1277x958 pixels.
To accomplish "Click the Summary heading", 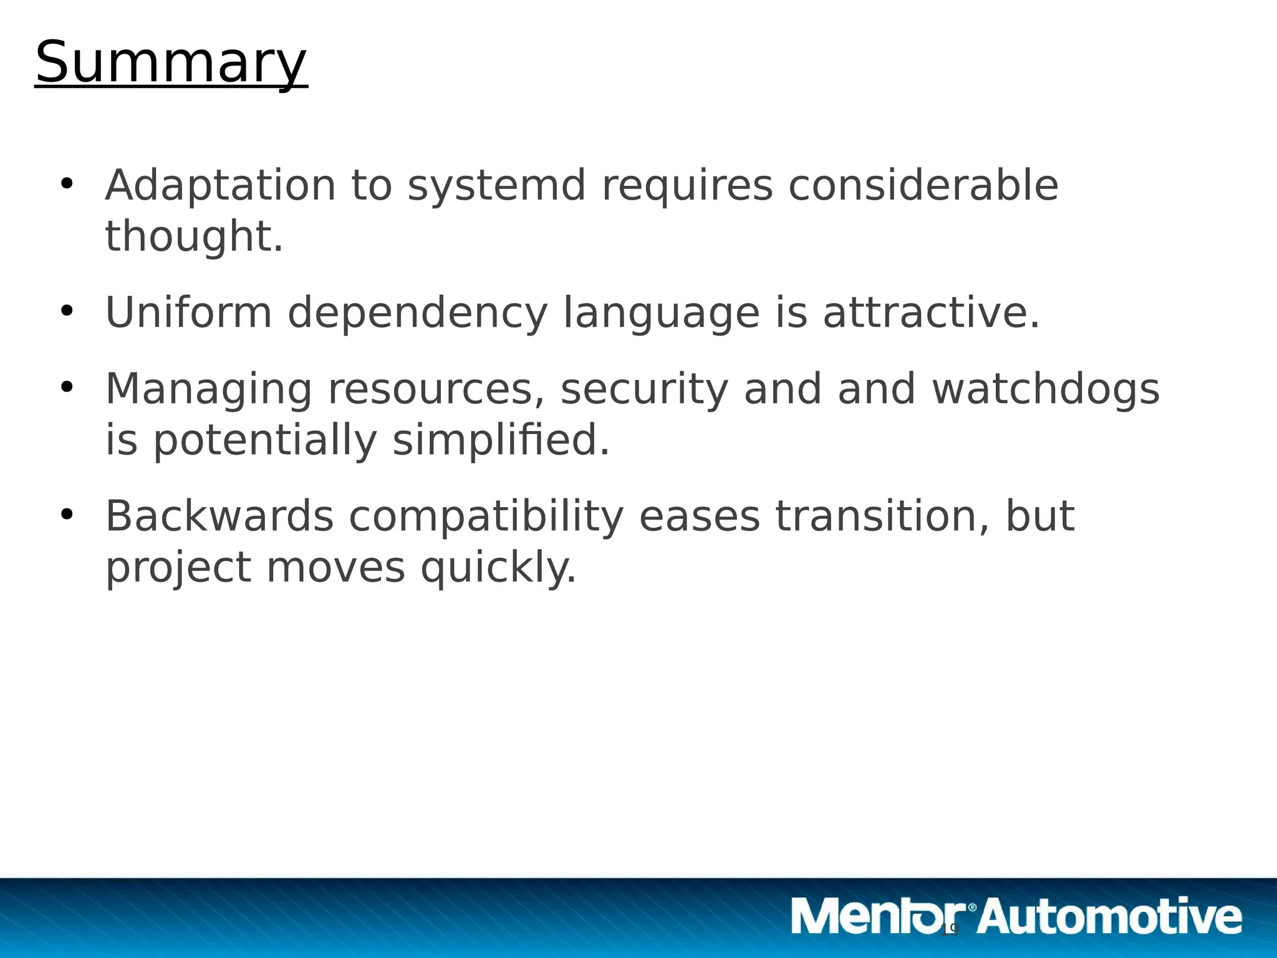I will [x=171, y=62].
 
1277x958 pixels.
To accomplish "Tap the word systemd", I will [x=496, y=185].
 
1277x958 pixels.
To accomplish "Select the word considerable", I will [x=923, y=185].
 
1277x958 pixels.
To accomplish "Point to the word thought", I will [x=194, y=236].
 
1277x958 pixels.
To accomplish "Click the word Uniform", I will [x=188, y=312].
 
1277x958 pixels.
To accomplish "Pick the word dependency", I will [x=417, y=312].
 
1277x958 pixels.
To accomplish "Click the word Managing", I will [x=208, y=389].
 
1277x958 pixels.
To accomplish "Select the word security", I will [x=644, y=389].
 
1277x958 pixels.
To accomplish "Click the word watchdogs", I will [x=1046, y=389].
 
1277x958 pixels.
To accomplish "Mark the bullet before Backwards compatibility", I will [x=67, y=515].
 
